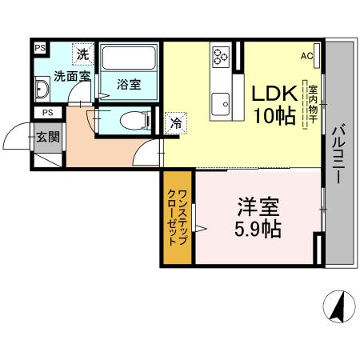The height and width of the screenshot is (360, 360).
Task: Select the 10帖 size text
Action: coord(272,115)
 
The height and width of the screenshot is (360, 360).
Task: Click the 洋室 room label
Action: coord(258,207)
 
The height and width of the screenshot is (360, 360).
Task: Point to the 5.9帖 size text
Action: coord(258,230)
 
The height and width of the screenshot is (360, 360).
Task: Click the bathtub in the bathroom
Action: coord(130,61)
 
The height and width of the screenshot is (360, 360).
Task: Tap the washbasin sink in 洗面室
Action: coord(42,86)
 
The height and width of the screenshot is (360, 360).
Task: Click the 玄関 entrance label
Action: coord(47,137)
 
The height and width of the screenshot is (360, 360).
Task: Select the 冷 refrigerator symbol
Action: coord(174,123)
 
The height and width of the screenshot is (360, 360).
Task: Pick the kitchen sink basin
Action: coord(221,103)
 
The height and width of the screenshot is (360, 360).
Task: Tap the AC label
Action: coord(307,56)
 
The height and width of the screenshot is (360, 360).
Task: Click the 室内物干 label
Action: coord(313,103)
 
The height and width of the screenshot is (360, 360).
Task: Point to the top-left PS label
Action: coord(39,47)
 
